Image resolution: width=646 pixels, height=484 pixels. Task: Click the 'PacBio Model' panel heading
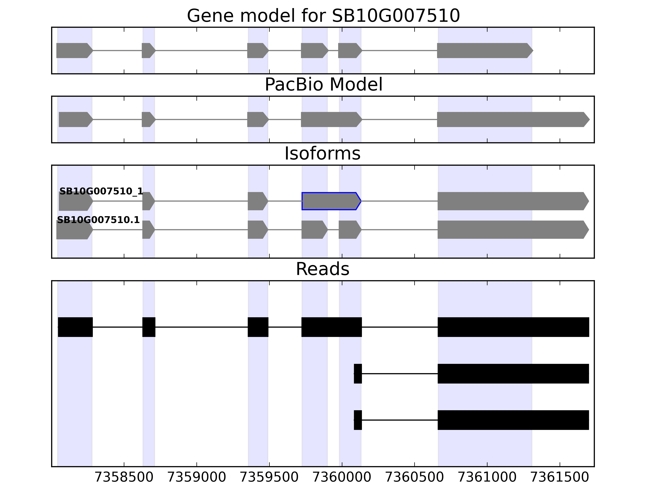pyautogui.click(x=323, y=85)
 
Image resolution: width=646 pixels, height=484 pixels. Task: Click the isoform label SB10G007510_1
pyautogui.click(x=101, y=191)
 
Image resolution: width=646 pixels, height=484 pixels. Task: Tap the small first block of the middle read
pyautogui.click(x=358, y=373)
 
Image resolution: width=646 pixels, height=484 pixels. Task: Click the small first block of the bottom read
pyautogui.click(x=358, y=420)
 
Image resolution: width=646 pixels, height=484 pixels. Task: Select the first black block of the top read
pyautogui.click(x=75, y=327)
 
